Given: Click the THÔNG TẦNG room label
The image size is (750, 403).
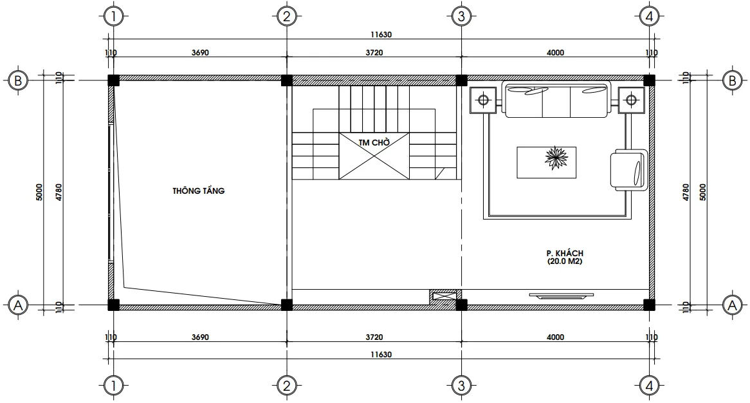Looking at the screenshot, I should pyautogui.click(x=198, y=191).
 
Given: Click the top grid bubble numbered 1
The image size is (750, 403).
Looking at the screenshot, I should pyautogui.click(x=113, y=16).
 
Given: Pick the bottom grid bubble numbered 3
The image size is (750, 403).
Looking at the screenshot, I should pyautogui.click(x=459, y=386).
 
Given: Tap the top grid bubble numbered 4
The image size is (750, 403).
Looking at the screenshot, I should pyautogui.click(x=649, y=16).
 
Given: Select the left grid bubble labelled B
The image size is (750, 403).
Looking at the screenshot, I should pyautogui.click(x=17, y=80).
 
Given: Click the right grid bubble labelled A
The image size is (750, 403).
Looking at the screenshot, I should pyautogui.click(x=731, y=305).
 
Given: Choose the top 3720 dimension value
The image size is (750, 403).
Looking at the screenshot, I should pyautogui.click(x=373, y=53).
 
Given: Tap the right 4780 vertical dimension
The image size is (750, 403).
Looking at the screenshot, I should pyautogui.click(x=686, y=192).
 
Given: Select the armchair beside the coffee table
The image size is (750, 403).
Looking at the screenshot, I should pyautogui.click(x=628, y=169).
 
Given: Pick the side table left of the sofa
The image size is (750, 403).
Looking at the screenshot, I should pyautogui.click(x=483, y=100).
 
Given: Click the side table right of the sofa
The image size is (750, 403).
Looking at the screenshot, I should pyautogui.click(x=630, y=100).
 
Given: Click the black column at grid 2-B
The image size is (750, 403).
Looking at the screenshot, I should pyautogui.click(x=287, y=80).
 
